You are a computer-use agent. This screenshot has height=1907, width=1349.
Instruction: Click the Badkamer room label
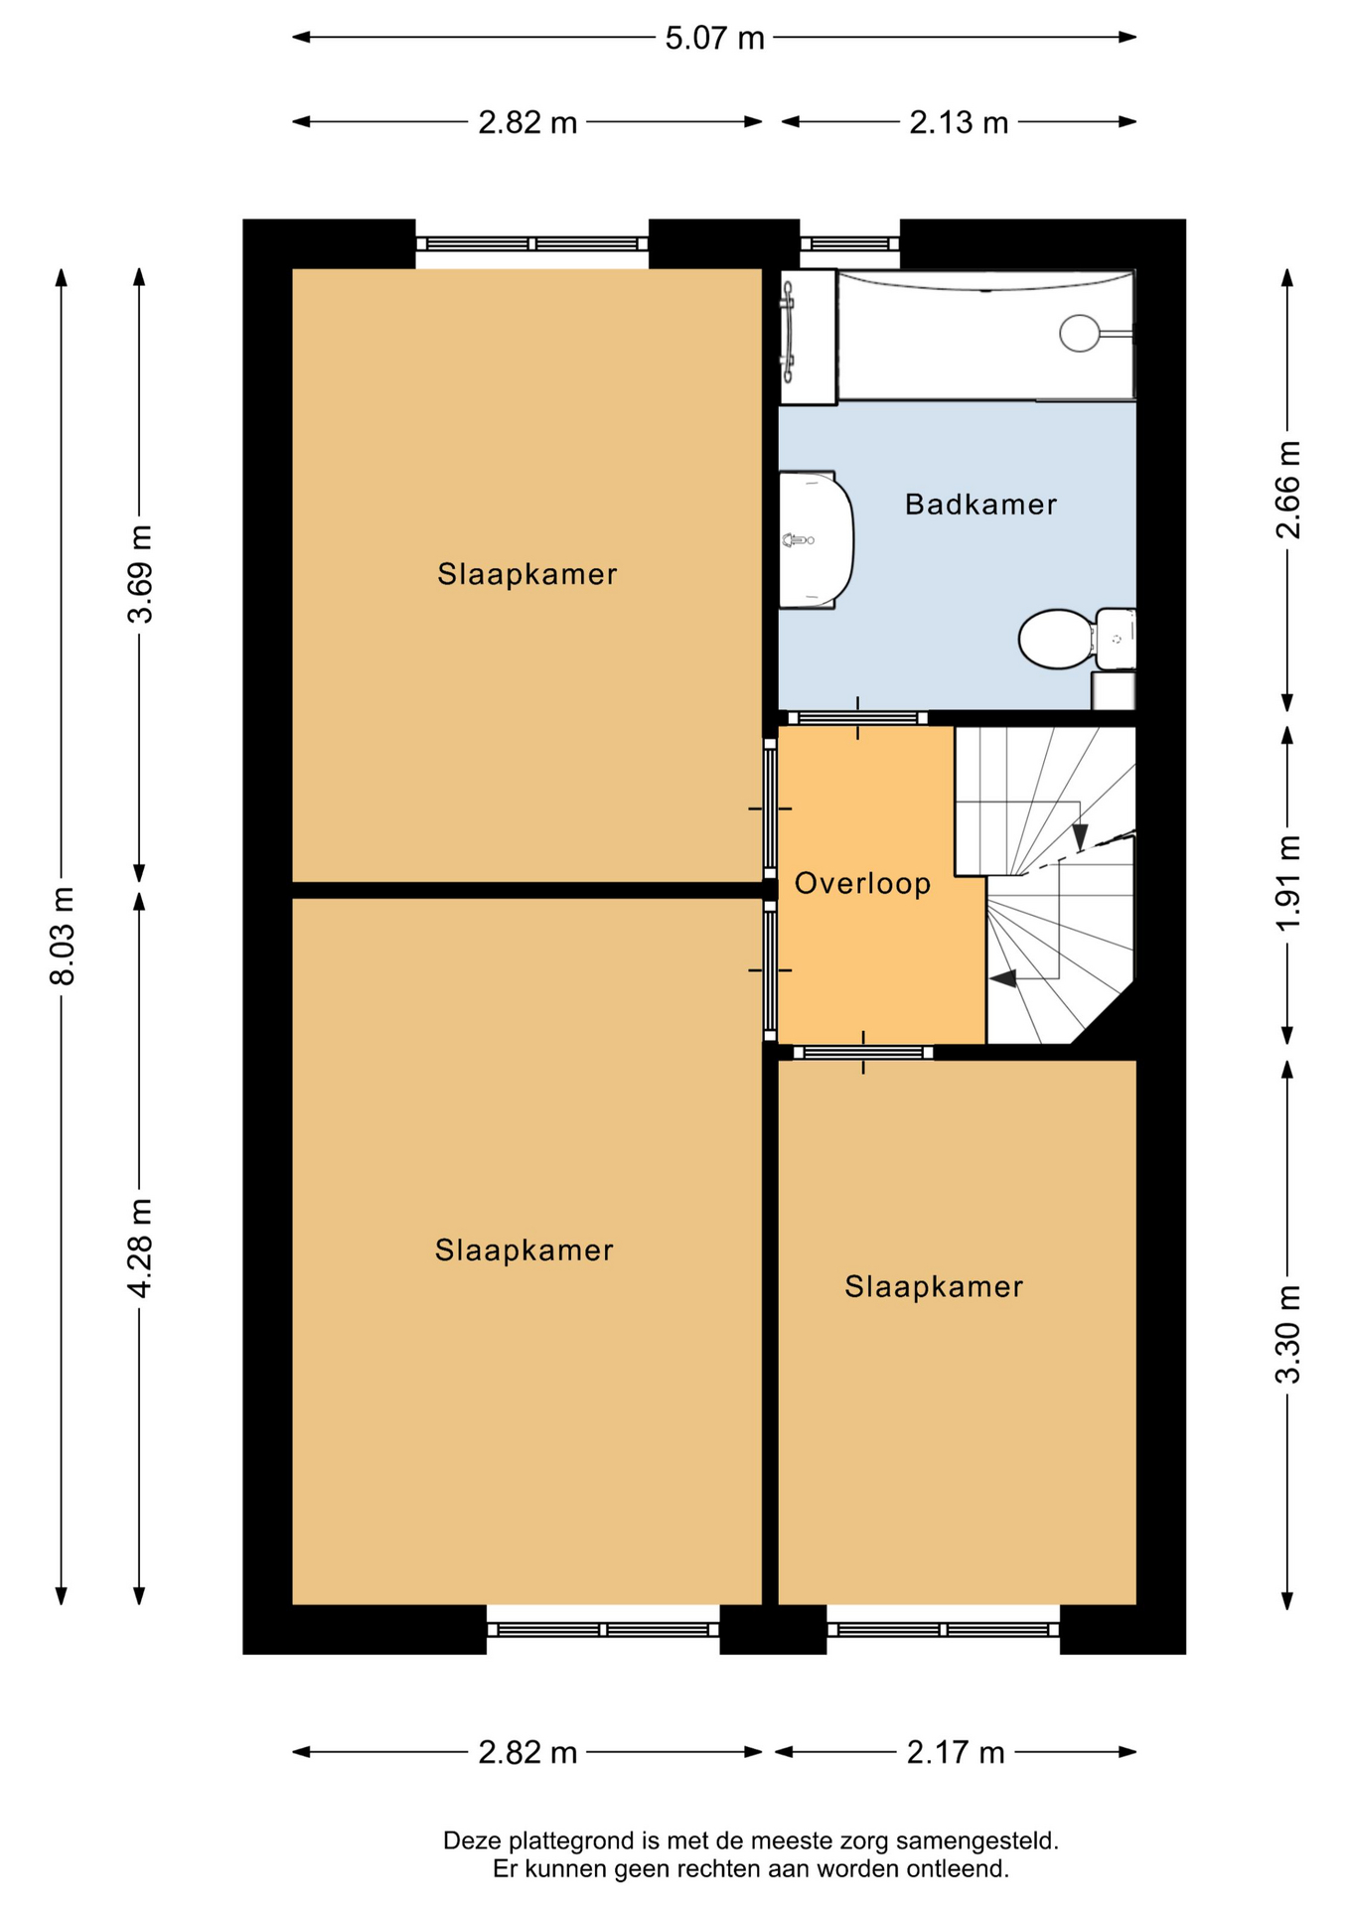(980, 505)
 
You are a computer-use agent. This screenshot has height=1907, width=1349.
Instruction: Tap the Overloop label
(862, 883)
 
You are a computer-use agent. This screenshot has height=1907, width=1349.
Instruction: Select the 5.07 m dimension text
(714, 38)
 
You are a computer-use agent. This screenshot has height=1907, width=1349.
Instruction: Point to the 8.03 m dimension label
(62, 936)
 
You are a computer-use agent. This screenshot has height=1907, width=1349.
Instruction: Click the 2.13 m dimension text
(959, 122)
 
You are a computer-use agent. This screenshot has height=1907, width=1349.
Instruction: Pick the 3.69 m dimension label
(140, 573)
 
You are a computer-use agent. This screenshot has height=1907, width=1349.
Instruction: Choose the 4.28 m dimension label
(140, 1247)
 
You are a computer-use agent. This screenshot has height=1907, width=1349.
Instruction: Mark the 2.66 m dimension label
(1287, 490)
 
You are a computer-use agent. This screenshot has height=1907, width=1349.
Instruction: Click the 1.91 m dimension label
(1287, 883)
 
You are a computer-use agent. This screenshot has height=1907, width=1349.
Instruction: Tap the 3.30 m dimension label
(1287, 1334)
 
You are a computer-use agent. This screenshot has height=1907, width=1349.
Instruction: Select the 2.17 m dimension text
(956, 1752)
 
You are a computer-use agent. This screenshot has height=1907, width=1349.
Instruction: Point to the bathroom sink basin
(816, 539)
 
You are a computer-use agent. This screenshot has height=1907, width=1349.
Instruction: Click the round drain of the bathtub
(1079, 333)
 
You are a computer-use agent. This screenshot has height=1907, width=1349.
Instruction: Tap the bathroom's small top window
(850, 243)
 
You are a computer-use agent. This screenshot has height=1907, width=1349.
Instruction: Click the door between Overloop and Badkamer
(858, 718)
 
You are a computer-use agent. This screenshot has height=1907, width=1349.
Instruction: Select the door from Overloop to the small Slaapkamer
(863, 1053)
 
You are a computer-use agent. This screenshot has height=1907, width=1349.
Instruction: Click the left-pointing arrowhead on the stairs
(1003, 978)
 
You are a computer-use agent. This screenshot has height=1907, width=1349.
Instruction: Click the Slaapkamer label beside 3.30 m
(934, 1286)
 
